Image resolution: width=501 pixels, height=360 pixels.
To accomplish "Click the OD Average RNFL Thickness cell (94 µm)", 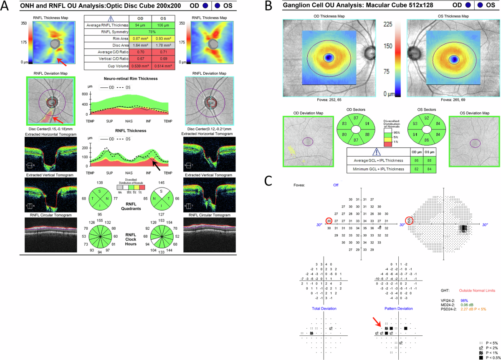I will click(134, 25).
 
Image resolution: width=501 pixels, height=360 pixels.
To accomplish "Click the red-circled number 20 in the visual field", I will click(329, 221).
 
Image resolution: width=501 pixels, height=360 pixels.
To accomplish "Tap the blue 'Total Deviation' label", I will click(324, 308).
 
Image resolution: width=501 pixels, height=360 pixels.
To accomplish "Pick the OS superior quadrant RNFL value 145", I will click(159, 183).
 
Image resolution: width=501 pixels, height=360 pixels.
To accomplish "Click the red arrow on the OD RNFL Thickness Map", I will click(61, 61).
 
